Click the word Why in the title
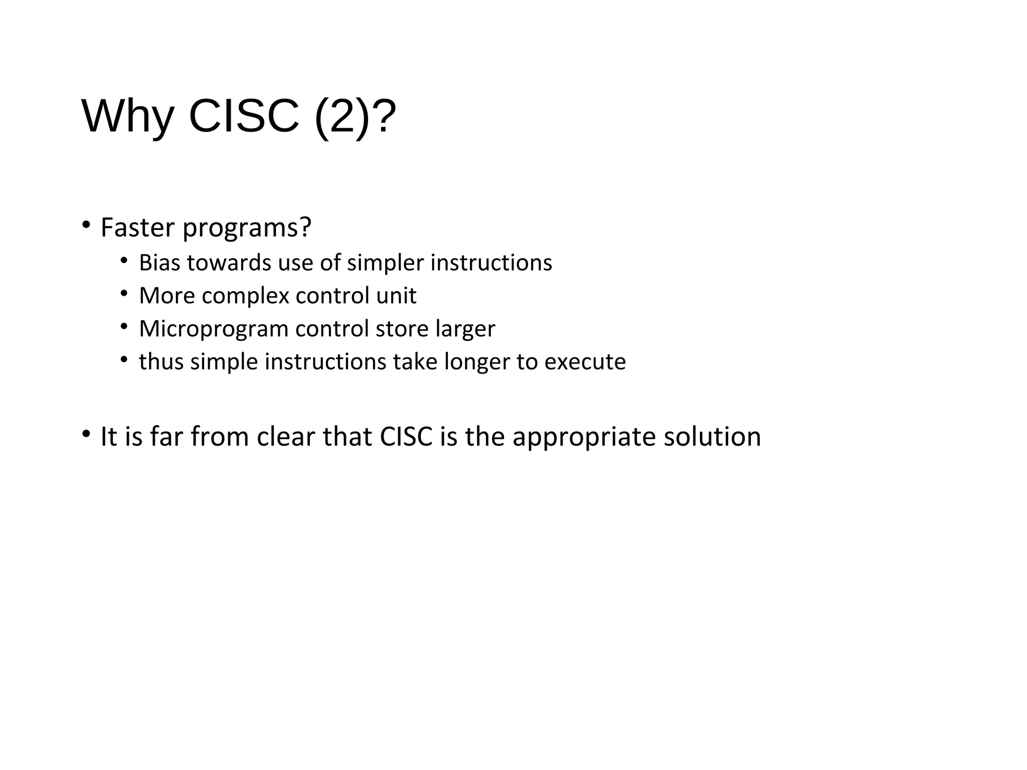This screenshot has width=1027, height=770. tap(127, 116)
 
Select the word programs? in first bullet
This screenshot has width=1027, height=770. tap(247, 229)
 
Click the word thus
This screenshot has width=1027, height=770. tap(161, 361)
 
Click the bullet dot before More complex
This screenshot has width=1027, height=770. tap(124, 293)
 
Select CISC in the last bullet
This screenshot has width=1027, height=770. tap(406, 436)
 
